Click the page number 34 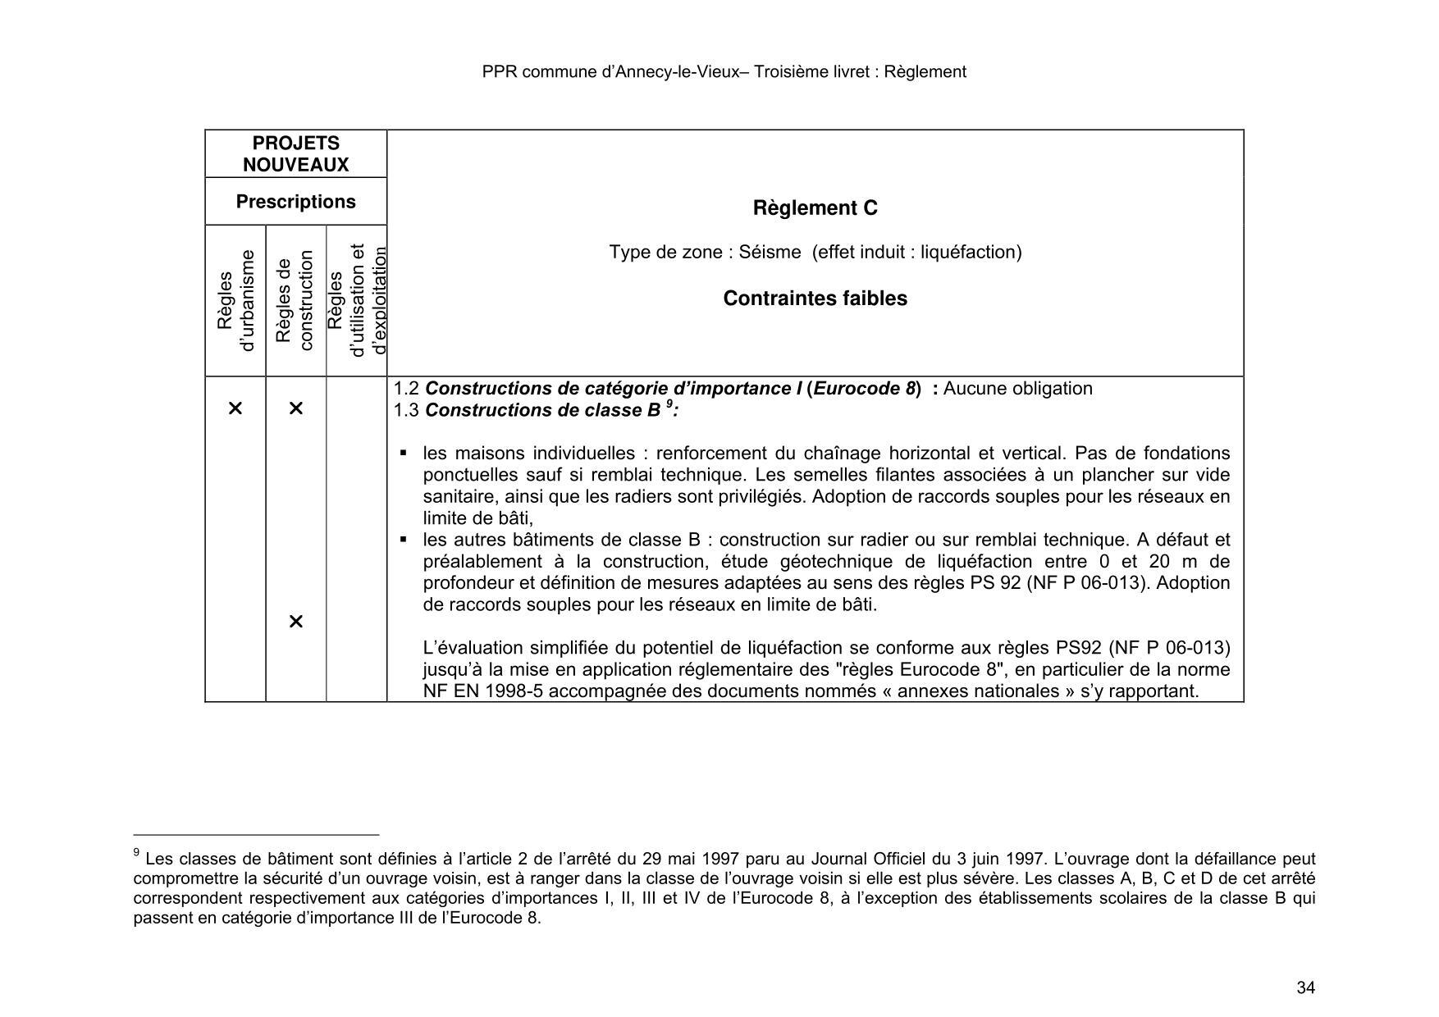(1305, 987)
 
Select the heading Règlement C (815, 208)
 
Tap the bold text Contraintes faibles (815, 299)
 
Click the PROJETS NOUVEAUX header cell (295, 154)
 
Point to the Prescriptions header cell (295, 202)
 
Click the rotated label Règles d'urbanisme (235, 300)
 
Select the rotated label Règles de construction (295, 300)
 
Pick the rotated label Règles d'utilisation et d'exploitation (356, 300)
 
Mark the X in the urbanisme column (235, 408)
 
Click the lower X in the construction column (296, 622)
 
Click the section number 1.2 (406, 389)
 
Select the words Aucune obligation (1017, 389)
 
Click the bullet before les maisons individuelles (404, 454)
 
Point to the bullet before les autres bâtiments (404, 540)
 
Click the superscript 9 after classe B (669, 404)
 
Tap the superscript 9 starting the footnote (136, 854)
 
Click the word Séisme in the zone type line (770, 252)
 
